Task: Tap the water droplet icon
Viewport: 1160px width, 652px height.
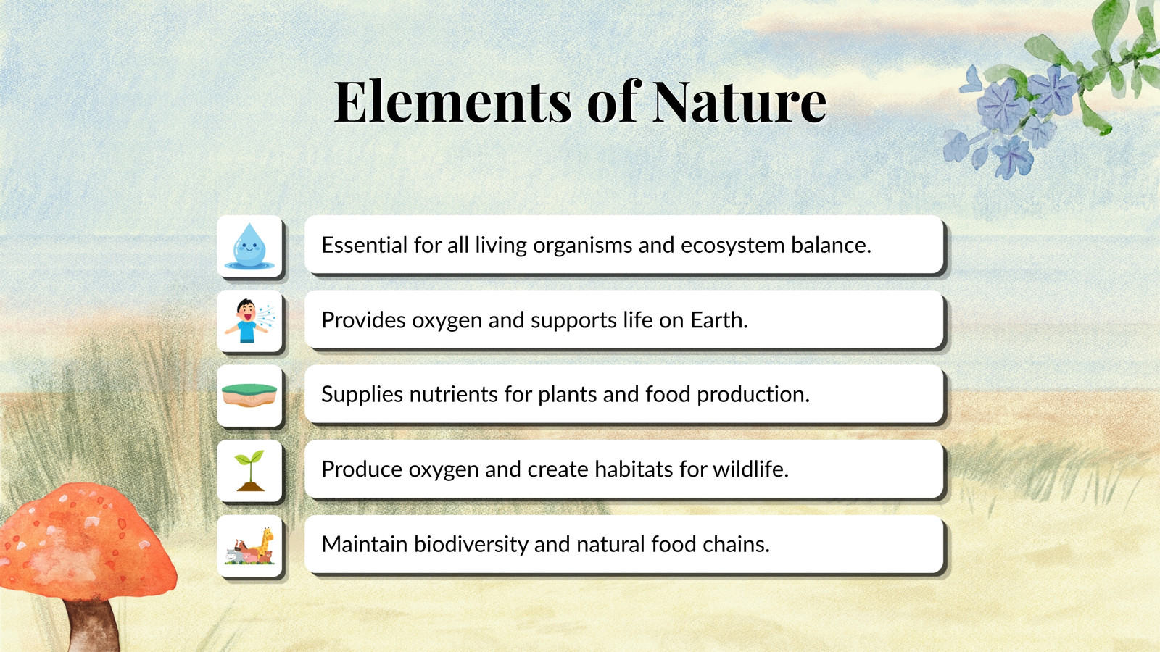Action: (249, 246)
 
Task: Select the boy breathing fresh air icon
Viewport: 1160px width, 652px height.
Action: (249, 321)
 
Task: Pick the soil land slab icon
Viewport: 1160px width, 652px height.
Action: (249, 396)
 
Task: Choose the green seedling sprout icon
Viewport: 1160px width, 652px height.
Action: (249, 470)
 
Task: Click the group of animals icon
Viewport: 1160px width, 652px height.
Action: (249, 546)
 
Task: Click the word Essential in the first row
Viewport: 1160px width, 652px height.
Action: (365, 245)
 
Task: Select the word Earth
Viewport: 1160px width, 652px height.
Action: (718, 319)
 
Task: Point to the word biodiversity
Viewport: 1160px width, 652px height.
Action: (471, 544)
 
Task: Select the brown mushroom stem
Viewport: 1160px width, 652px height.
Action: (94, 626)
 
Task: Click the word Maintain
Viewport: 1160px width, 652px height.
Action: (364, 544)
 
